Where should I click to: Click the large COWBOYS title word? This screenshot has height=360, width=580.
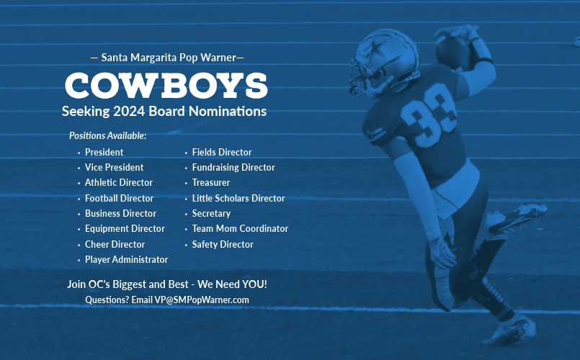click(x=166, y=86)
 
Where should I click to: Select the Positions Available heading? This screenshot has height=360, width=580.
click(x=107, y=135)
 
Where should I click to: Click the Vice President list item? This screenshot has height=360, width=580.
click(x=114, y=168)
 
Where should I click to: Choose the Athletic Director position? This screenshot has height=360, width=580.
click(x=119, y=183)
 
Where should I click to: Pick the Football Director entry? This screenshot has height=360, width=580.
click(x=119, y=199)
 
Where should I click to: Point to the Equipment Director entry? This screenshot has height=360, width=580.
click(x=125, y=229)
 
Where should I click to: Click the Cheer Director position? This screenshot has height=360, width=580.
click(x=115, y=244)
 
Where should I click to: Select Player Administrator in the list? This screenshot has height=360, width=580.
click(x=126, y=259)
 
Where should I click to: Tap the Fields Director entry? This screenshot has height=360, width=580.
click(x=222, y=152)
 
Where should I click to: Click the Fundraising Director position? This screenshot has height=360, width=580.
click(x=233, y=168)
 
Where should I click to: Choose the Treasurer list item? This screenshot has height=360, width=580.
click(x=211, y=183)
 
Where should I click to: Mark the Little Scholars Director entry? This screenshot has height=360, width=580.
click(x=238, y=199)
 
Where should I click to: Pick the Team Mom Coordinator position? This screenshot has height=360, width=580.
click(x=240, y=229)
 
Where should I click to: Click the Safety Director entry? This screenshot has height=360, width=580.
click(x=223, y=244)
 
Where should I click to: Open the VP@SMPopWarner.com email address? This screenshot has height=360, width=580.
click(x=202, y=300)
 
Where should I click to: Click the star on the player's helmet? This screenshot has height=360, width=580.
click(x=375, y=49)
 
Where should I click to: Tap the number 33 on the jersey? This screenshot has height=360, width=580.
click(x=429, y=115)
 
